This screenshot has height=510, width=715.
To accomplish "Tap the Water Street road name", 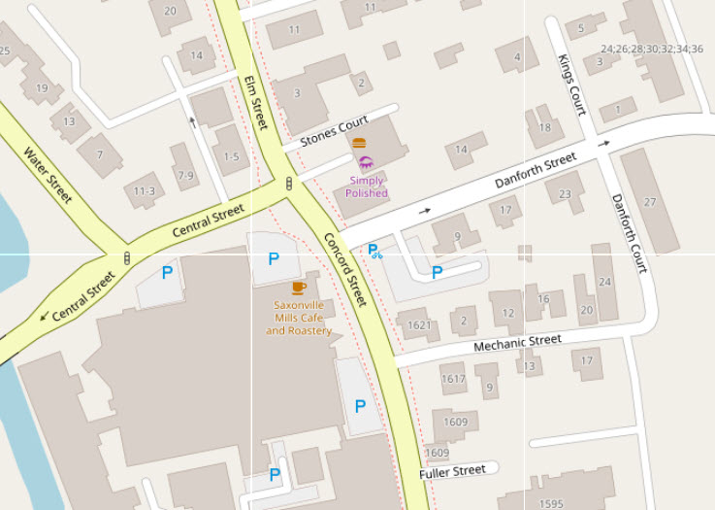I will point(48,175).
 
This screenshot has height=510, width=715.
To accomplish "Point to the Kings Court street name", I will point(571,85).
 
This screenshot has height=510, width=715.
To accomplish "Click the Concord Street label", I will point(345,269).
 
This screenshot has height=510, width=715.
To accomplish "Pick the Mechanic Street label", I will point(517,342).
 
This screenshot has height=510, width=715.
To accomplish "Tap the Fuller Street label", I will point(452,472).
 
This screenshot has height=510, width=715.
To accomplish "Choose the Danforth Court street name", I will point(628,233).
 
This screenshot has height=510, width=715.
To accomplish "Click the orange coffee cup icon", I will point(299,288).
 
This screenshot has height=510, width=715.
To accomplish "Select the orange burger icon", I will point(359,143).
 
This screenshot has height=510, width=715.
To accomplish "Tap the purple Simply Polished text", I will point(367,187).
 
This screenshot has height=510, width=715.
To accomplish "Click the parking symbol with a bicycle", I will point(374,252).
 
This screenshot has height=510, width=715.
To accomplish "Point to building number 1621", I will point(419,325).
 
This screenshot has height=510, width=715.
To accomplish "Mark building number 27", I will point(650,202).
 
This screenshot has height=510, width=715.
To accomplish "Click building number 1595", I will point(551,503).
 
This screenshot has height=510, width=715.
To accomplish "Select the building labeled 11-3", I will point(145,191).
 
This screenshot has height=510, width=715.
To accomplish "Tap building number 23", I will point(565,192).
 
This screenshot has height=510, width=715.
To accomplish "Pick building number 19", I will point(42,88).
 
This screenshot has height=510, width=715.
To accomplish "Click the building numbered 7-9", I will point(184,176).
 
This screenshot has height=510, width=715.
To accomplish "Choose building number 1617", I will point(453,379).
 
